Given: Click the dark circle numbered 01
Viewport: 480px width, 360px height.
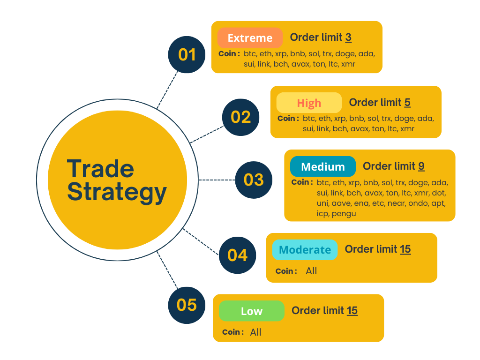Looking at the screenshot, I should tap(187, 55).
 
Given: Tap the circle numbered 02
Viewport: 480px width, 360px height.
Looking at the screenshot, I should tap(240, 117).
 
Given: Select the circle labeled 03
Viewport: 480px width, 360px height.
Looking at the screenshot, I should tap(254, 180).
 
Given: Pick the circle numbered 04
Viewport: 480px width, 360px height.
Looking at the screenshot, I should tap(237, 255).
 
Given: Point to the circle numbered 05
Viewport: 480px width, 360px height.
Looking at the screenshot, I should tap(187, 305).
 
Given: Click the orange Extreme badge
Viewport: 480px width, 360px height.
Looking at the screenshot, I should tap(250, 38).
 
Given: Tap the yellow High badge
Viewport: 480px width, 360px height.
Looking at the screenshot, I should tap(309, 103).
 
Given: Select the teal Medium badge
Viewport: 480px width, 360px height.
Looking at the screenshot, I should tap(322, 166).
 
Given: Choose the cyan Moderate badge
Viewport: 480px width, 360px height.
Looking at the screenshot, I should tap(305, 250).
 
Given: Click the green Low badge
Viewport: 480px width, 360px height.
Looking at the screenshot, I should tap(252, 311).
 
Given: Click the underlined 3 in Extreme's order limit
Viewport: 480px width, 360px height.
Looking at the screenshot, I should tap(348, 37).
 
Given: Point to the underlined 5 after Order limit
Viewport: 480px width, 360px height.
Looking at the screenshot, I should tap(407, 102).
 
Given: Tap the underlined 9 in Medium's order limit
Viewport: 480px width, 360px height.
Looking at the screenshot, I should tap(421, 166).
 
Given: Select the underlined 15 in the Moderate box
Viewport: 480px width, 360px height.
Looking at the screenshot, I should tap(405, 249).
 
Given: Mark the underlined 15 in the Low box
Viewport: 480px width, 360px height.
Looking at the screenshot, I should tap(352, 310).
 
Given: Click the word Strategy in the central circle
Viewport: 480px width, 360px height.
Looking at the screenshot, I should tap(117, 192).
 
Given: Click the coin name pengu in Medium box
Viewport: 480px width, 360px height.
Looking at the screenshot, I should tap(344, 214).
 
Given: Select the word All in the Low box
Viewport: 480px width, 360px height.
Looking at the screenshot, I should tap(255, 332).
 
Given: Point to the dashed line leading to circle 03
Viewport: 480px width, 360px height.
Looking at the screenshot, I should tap(216, 180).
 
